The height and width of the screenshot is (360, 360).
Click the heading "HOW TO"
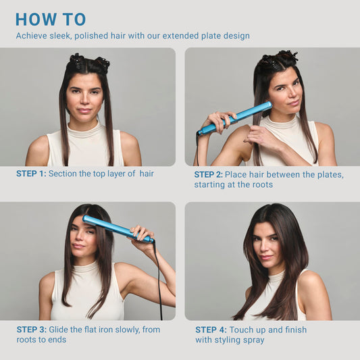click(x=51, y=19)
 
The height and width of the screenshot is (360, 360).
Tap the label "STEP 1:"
click(x=31, y=174)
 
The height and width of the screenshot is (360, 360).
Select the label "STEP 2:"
click(x=209, y=174)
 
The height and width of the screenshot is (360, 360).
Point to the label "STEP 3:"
click(x=31, y=329)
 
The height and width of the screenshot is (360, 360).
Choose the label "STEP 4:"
click(x=210, y=330)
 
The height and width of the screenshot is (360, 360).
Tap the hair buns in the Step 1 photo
click(x=88, y=63)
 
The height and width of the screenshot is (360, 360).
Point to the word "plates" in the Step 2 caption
click(x=327, y=174)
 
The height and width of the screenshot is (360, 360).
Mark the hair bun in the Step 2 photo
click(x=278, y=59)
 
